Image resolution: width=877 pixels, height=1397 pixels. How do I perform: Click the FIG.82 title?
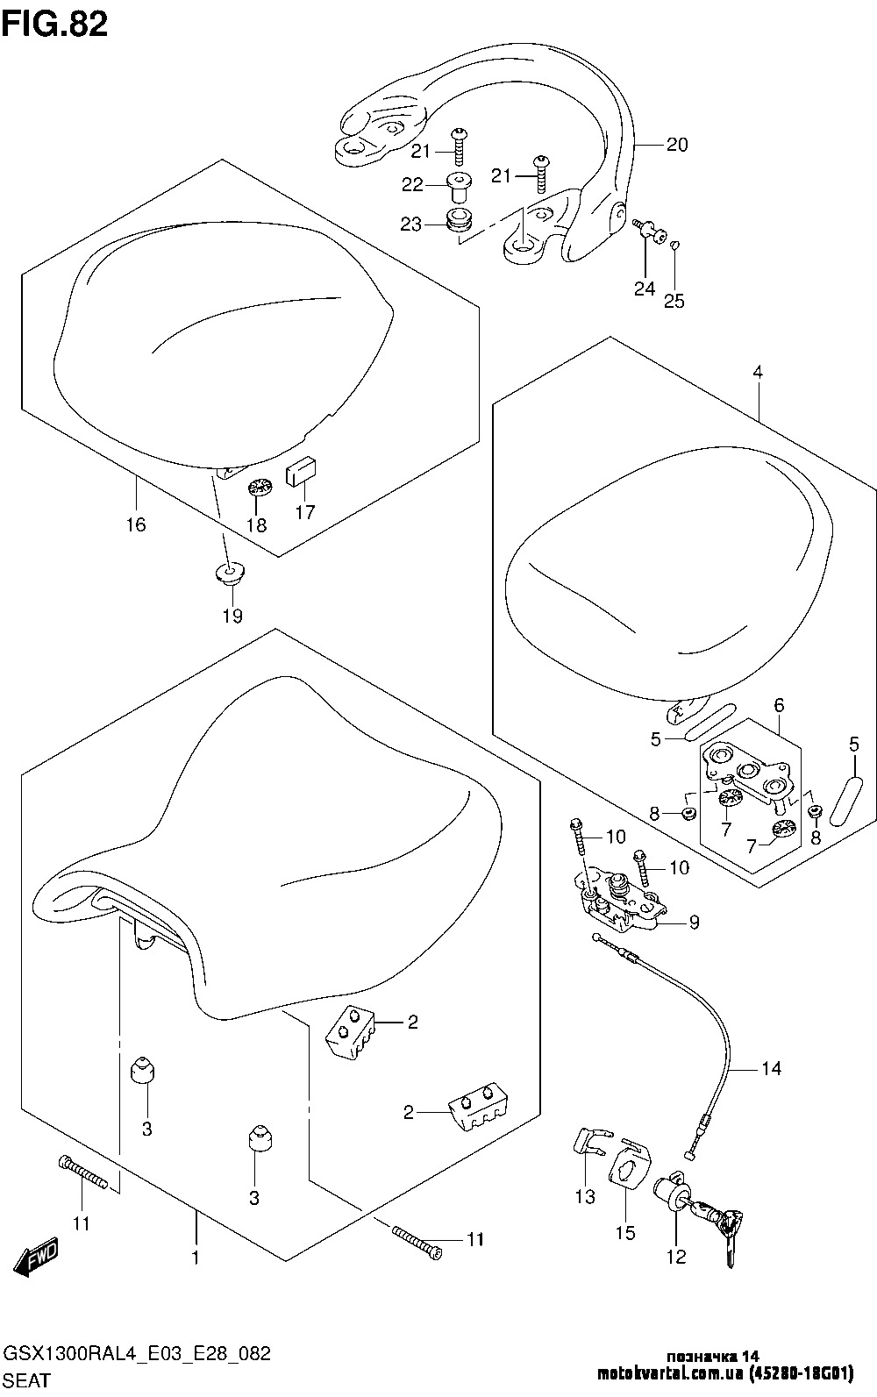[55, 24]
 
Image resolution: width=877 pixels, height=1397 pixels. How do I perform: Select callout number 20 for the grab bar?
[677, 145]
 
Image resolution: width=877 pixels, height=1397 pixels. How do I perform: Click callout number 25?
[674, 301]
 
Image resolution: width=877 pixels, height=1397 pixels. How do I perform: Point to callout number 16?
[136, 524]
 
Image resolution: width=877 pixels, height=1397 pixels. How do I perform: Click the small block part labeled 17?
[303, 474]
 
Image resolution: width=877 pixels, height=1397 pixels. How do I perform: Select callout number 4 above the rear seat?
[758, 372]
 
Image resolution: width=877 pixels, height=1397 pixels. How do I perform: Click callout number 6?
[778, 705]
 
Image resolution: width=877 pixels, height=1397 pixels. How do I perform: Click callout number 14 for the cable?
[770, 1068]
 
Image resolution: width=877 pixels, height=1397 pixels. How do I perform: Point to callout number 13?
[585, 1197]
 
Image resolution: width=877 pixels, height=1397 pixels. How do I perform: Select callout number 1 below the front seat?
[196, 1258]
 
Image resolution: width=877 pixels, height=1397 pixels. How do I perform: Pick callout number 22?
[411, 184]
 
